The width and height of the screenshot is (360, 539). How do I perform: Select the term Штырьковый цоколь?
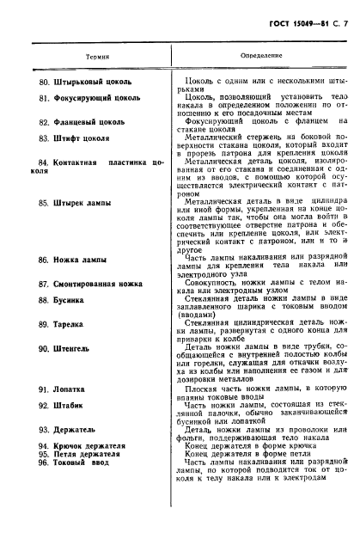click(90, 83)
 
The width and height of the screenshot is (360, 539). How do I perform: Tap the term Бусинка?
click(71, 300)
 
